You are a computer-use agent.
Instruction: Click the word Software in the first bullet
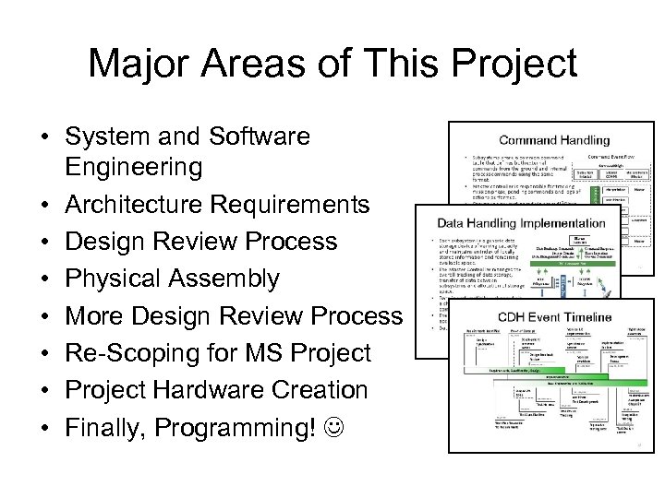260,136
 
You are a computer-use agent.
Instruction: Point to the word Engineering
133,167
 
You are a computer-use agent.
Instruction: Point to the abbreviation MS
258,353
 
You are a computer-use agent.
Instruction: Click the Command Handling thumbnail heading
554,140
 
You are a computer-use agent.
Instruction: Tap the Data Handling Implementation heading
522,223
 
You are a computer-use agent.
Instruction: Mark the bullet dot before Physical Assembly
43,279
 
